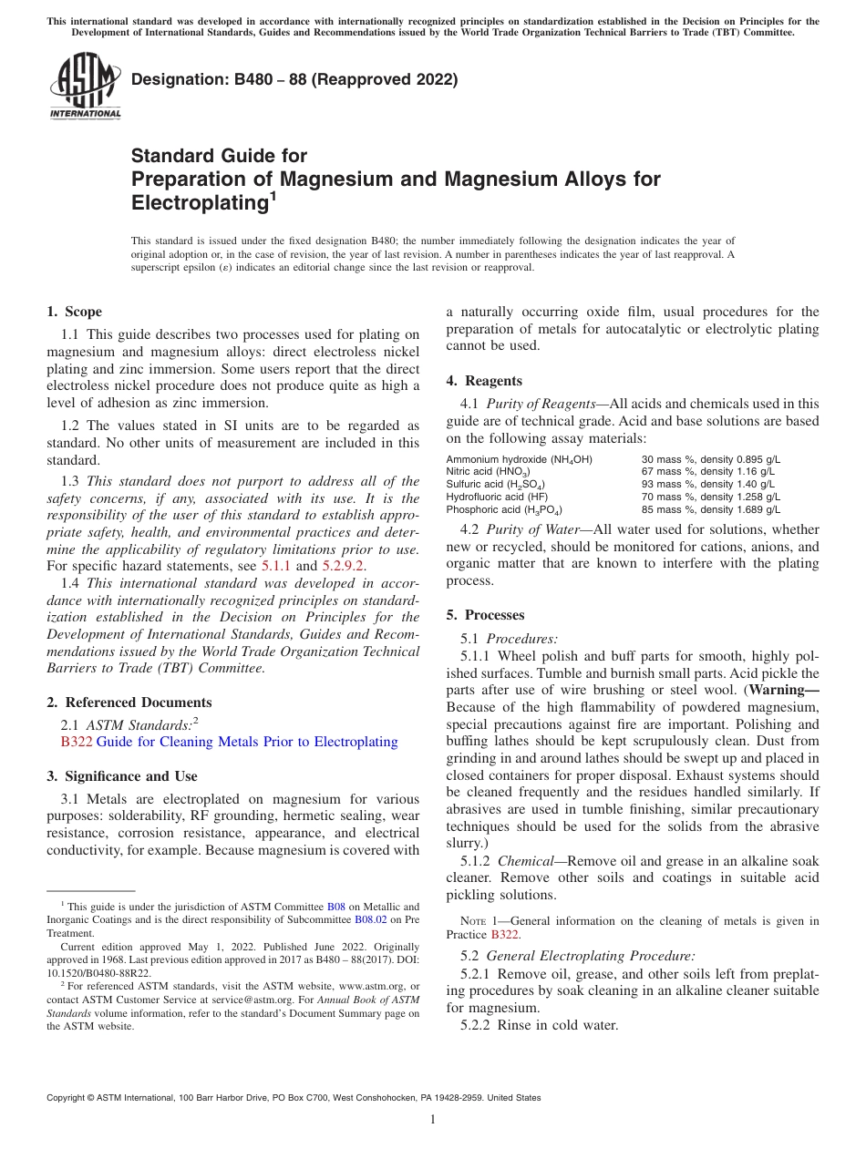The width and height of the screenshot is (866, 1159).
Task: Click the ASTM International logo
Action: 85,87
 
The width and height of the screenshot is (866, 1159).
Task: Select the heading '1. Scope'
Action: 75,312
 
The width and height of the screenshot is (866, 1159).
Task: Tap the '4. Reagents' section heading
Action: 484,381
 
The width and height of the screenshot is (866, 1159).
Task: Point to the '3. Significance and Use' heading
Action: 121,776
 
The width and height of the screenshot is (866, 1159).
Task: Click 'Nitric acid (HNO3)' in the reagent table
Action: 491,472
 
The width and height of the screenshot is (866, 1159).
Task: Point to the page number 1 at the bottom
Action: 433,1120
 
